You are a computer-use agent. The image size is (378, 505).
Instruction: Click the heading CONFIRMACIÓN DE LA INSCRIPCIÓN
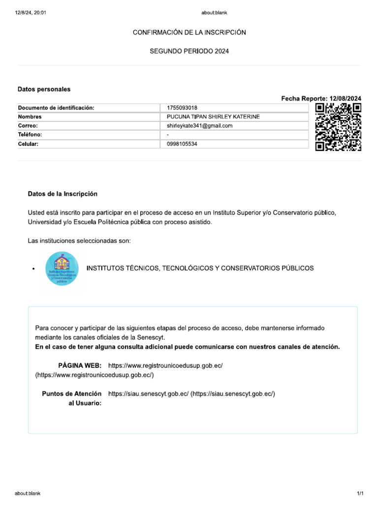click(x=189, y=32)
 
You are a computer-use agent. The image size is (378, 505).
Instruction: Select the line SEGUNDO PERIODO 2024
click(x=189, y=51)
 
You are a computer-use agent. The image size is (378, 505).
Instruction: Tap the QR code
click(x=338, y=127)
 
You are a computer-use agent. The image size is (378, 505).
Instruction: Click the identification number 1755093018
click(x=182, y=108)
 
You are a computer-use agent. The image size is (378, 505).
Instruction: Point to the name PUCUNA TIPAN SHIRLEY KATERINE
click(x=213, y=117)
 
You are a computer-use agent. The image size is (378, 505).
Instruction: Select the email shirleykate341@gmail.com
click(x=200, y=126)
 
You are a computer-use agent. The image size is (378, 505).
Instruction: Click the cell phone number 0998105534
click(x=183, y=144)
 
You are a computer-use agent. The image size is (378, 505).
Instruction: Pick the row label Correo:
click(x=28, y=126)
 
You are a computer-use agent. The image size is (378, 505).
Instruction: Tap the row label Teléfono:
click(x=30, y=135)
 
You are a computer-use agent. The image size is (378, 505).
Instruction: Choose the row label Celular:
click(x=28, y=144)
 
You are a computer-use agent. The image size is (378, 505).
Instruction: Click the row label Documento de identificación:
click(x=56, y=108)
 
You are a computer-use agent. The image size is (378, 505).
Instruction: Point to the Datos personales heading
click(x=44, y=89)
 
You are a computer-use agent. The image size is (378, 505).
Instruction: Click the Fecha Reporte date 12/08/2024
click(x=346, y=99)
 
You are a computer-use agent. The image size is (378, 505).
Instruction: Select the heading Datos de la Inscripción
click(x=63, y=194)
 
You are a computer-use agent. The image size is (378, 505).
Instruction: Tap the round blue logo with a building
click(x=62, y=268)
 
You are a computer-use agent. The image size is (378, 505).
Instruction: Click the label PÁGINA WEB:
click(x=80, y=365)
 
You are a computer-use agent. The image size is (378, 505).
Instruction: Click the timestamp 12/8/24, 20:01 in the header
click(x=31, y=12)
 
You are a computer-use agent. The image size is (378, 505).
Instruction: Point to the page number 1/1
click(x=360, y=493)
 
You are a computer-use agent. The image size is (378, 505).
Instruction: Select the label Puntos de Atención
click(x=72, y=394)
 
